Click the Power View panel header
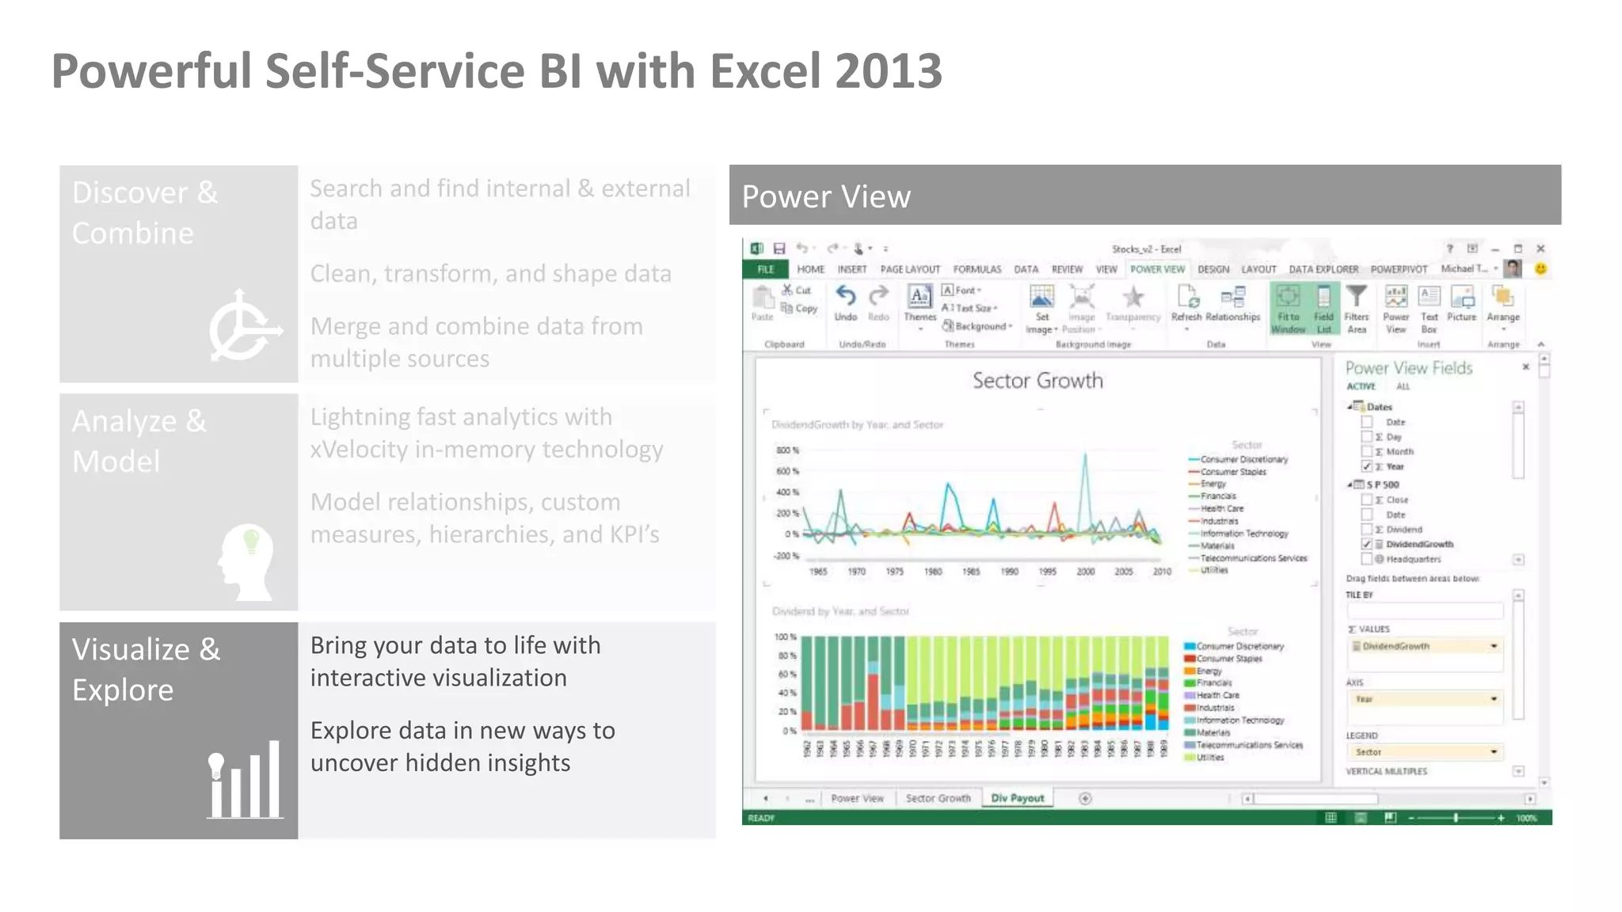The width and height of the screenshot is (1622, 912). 1144,196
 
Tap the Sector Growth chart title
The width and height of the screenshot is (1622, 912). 1038,381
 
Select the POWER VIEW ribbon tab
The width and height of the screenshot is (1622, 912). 1157,269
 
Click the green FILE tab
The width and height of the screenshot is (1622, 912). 765,269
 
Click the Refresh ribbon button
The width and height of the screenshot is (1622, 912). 1186,305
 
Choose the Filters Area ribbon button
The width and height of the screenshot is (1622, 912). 1356,308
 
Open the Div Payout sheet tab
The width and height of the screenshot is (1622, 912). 1018,798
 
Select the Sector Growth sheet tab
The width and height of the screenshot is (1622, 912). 938,798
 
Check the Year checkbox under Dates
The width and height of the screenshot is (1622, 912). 1367,466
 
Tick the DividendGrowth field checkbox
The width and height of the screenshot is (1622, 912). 1367,544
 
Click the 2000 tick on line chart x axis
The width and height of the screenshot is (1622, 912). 1085,571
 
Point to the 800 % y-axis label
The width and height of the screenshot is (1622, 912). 787,450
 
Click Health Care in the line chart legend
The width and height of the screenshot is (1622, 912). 1221,508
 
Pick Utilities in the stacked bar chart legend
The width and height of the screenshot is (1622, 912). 1209,758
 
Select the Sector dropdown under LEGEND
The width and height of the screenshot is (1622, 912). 1424,752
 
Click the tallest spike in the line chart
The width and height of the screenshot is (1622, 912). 1085,455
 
